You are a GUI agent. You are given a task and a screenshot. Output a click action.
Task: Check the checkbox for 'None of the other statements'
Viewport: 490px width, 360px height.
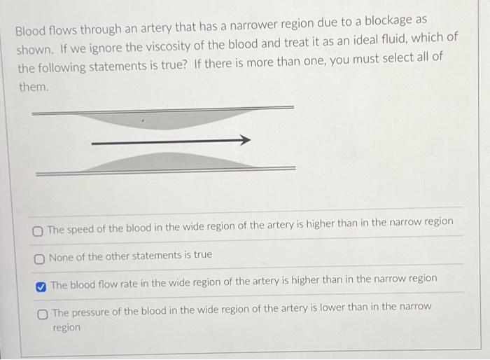pyautogui.click(x=40, y=258)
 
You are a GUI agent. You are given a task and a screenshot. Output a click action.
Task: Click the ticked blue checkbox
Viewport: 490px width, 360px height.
pyautogui.click(x=41, y=285)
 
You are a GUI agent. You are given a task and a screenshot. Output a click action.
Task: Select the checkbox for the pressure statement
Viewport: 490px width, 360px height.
pyautogui.click(x=43, y=312)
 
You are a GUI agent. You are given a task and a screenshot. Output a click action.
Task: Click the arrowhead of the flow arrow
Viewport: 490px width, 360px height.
pyautogui.click(x=244, y=141)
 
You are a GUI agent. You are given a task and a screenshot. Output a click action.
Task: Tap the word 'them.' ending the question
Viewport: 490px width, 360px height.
pyautogui.click(x=33, y=88)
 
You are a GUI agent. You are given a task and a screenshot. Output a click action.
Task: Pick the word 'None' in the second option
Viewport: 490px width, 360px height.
pyautogui.click(x=62, y=256)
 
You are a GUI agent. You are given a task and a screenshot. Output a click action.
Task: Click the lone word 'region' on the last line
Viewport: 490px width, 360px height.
pyautogui.click(x=67, y=327)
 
